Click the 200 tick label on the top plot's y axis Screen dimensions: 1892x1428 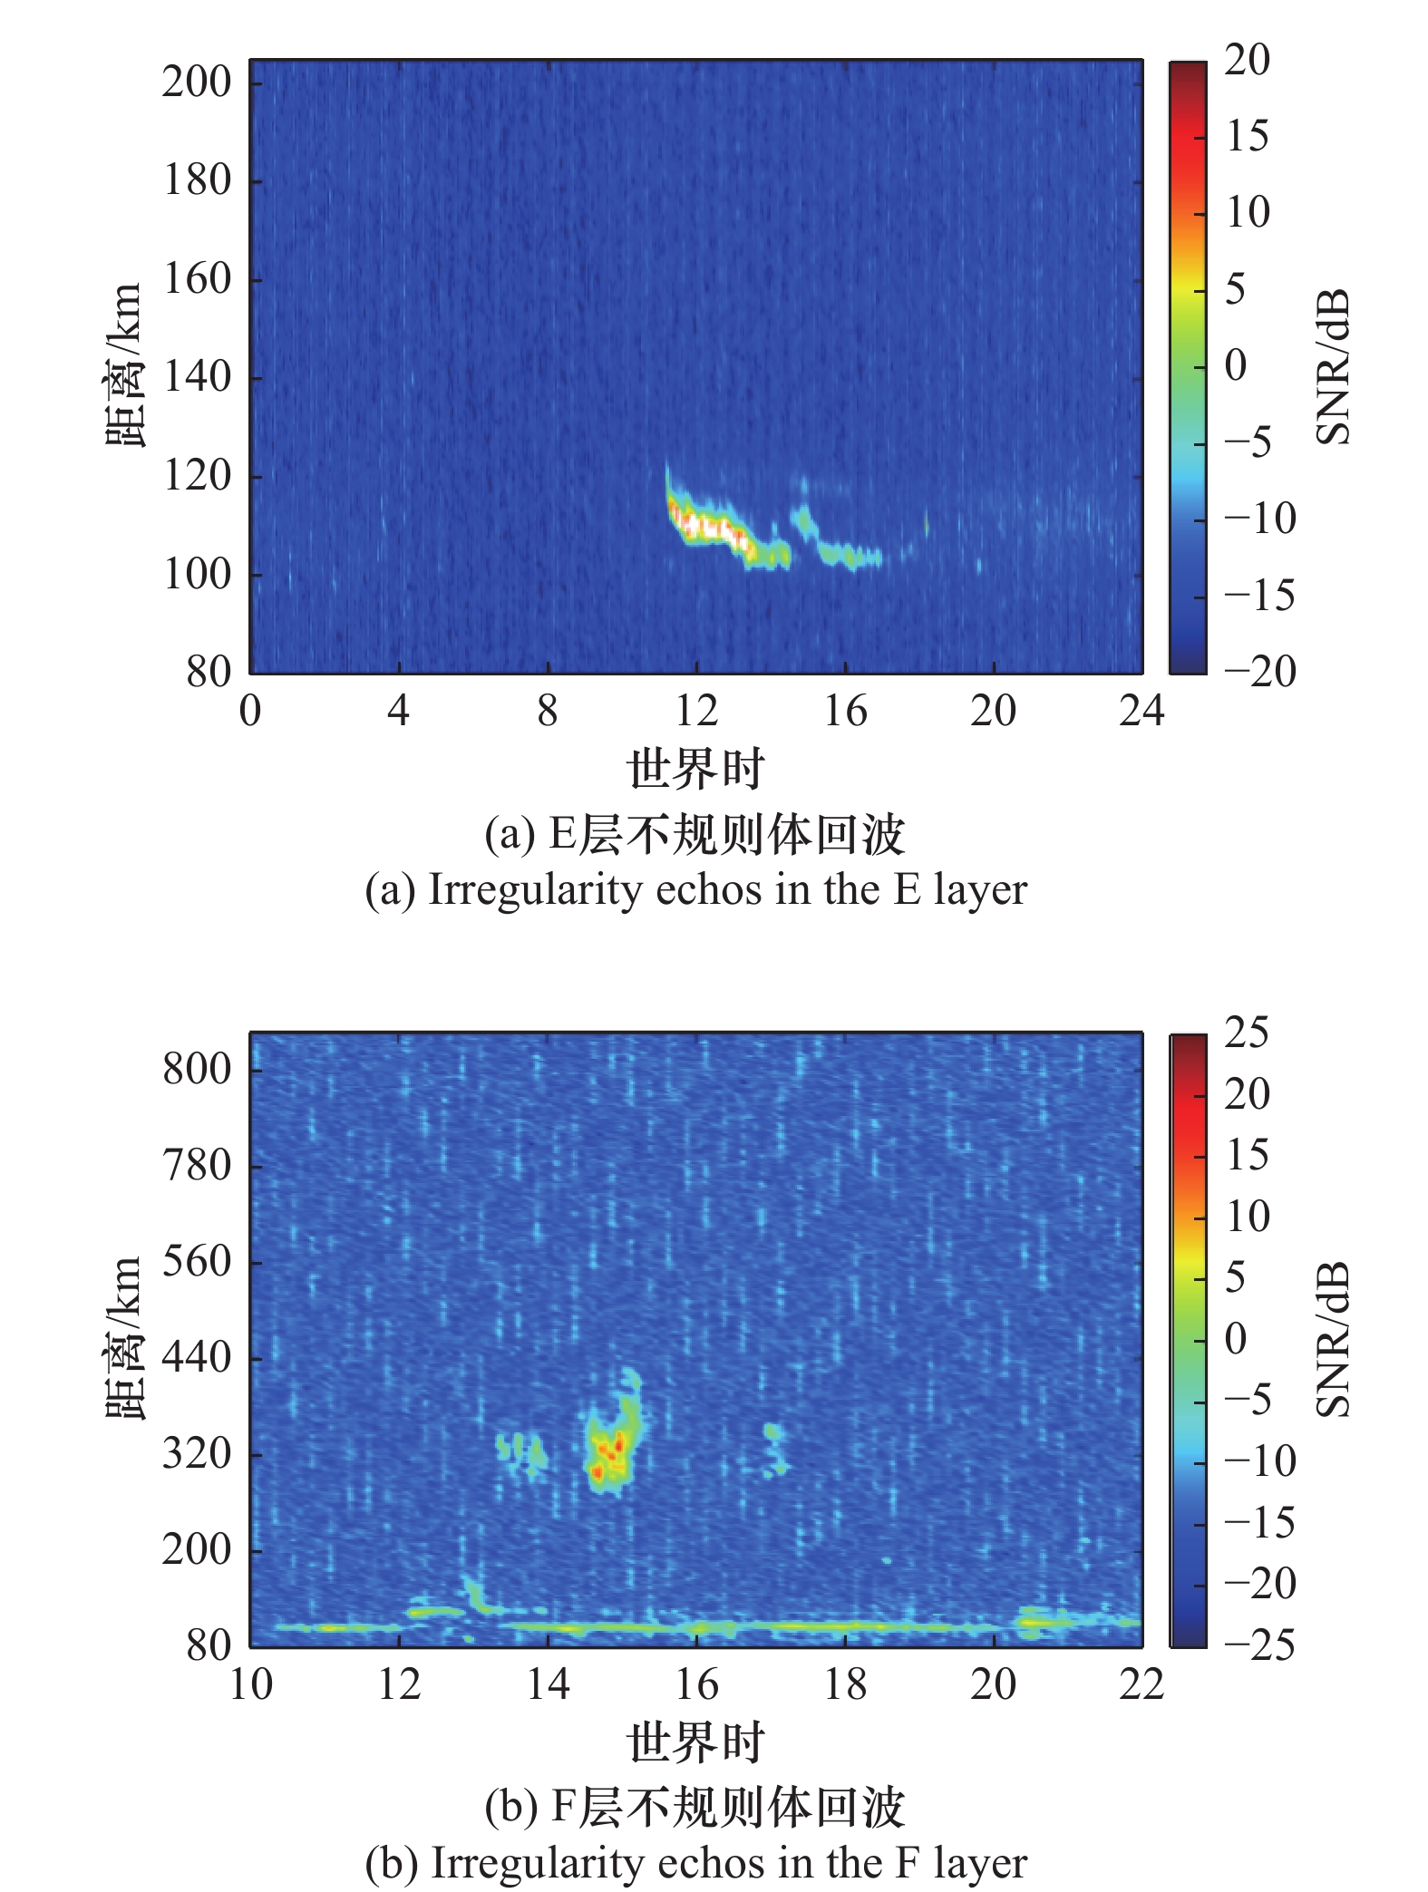point(197,82)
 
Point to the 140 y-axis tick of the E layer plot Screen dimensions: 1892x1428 point(197,377)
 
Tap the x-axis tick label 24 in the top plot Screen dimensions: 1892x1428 point(1141,712)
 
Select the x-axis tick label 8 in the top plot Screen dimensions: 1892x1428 point(548,712)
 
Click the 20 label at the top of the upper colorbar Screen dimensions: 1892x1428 point(1247,61)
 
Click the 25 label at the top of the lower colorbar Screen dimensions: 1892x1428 point(1247,1033)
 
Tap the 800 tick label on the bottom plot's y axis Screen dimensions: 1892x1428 point(197,1070)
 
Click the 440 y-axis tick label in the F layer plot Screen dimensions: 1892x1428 point(197,1358)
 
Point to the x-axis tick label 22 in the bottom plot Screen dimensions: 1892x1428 point(1141,1685)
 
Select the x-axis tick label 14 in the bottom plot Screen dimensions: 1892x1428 point(548,1685)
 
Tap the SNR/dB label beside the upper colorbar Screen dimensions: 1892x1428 point(1332,367)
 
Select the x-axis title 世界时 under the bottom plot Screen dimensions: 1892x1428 point(695,1742)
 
